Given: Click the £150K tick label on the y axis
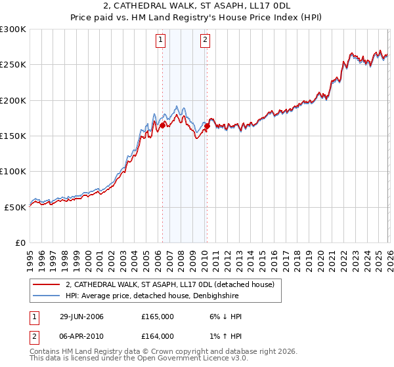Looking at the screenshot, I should tap(13, 136).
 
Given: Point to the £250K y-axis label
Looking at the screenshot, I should tap(13, 65).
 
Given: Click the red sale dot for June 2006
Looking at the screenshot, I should tap(162, 125).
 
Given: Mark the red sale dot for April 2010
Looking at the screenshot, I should tap(207, 126).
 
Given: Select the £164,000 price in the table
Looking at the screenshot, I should tap(158, 336).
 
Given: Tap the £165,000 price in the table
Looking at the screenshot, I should tap(158, 317).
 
